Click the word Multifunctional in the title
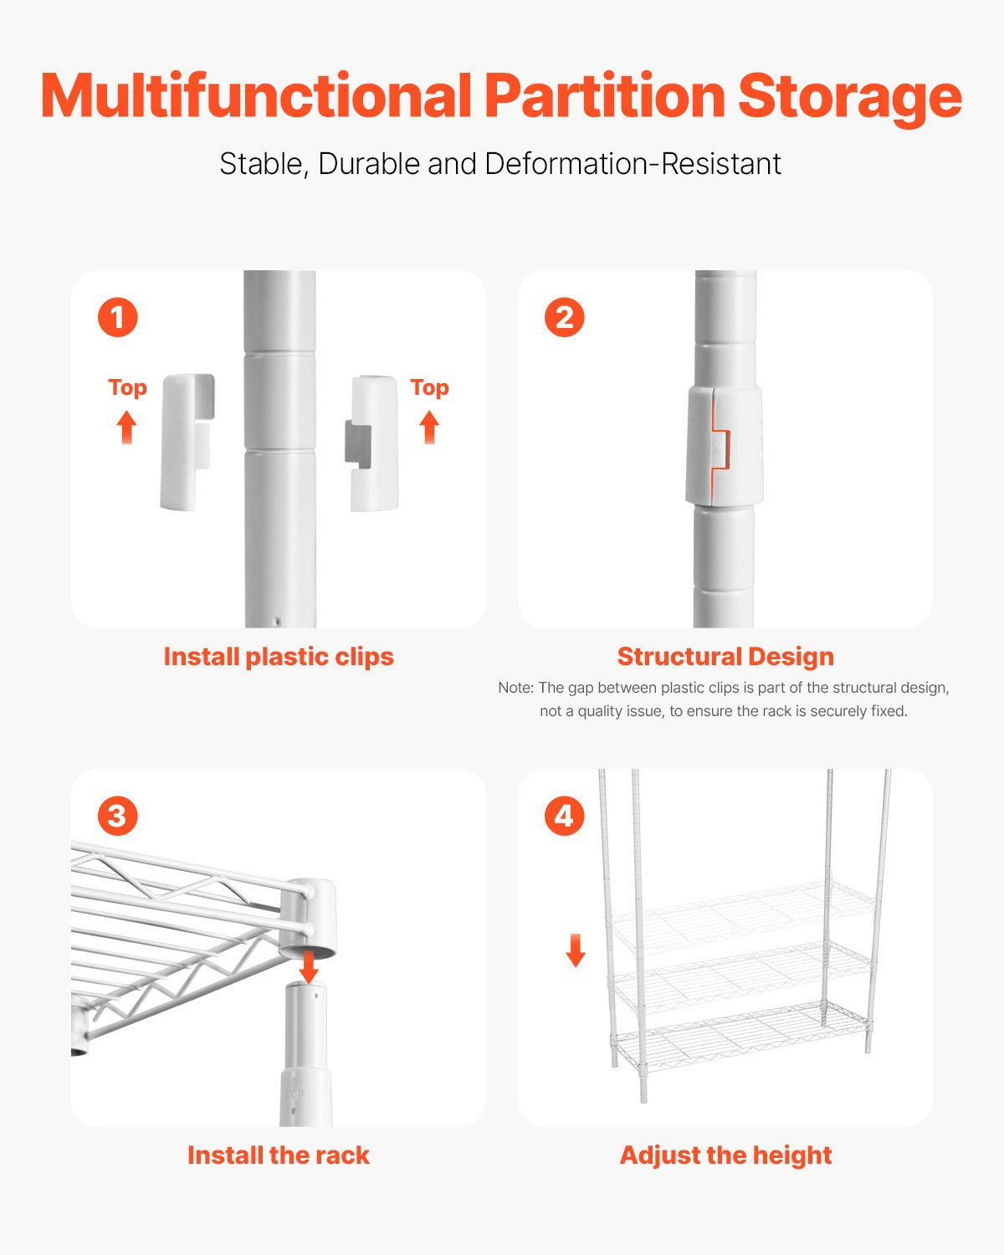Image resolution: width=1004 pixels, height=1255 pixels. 256,96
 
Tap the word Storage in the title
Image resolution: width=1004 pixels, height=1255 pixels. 849,96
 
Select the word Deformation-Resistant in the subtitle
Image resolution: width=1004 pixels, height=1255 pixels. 633,164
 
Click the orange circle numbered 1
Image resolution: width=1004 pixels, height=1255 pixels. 117,318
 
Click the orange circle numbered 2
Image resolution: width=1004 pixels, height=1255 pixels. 564,318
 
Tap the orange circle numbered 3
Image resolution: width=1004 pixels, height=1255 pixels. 117,816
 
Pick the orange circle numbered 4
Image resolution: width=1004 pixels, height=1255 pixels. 564,816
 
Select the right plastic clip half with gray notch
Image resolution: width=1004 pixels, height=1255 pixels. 372,443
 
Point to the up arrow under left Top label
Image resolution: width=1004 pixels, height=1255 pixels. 126,427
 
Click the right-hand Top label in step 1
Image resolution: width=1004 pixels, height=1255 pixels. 429,387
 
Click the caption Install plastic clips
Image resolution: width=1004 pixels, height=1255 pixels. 279,657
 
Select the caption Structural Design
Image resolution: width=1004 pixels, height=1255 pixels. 725,657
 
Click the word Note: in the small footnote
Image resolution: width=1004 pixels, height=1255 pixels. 515,688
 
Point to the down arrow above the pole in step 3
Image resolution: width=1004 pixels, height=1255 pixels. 309,966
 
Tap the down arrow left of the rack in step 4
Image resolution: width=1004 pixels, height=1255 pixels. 576,950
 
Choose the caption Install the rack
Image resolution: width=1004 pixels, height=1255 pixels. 279,1155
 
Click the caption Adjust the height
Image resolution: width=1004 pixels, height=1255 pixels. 725,1155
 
